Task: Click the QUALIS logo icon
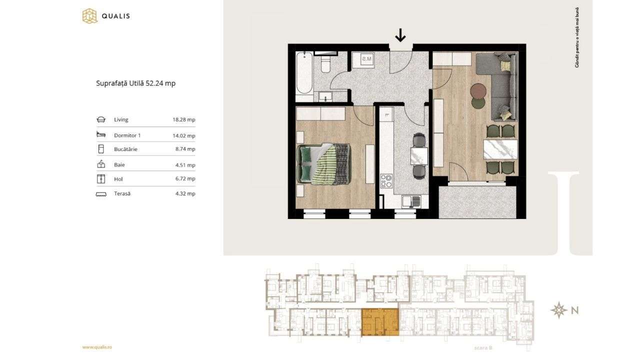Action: point(89,16)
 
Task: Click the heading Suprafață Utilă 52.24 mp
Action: point(135,83)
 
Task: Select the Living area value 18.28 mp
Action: point(183,120)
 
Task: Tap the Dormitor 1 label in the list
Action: point(127,135)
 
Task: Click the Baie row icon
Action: point(101,164)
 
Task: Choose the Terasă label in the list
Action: point(122,193)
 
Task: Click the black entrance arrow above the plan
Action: point(400,35)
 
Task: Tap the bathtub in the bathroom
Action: point(304,73)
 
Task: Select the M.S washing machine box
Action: point(366,60)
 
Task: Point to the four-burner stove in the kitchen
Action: point(386,180)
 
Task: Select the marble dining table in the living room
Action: point(500,149)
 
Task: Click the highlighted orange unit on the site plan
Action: point(380,322)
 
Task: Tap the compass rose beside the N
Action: point(558,310)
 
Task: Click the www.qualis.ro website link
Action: point(97,347)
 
